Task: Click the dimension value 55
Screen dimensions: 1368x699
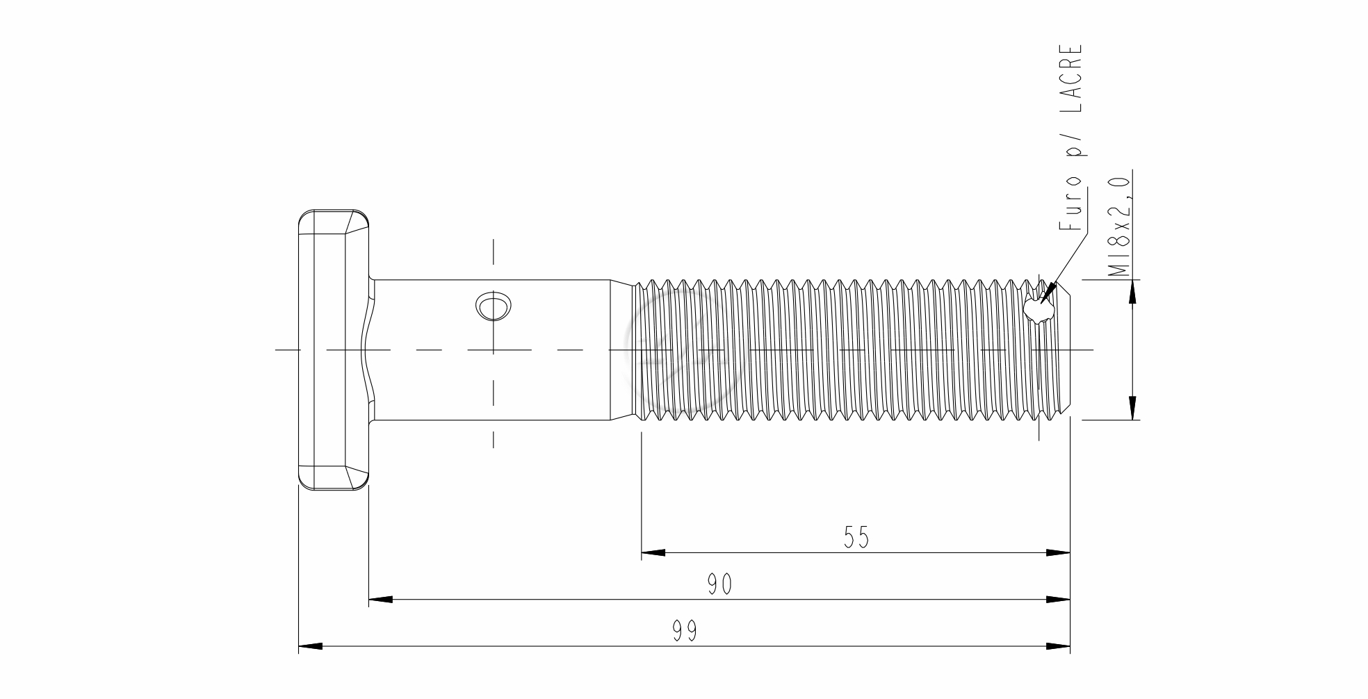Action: point(856,536)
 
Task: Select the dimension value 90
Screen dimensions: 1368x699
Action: point(720,584)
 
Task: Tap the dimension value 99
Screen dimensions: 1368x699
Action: point(685,631)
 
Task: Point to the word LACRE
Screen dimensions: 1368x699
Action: point(1071,79)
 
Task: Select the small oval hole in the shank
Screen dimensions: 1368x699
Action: point(494,306)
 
